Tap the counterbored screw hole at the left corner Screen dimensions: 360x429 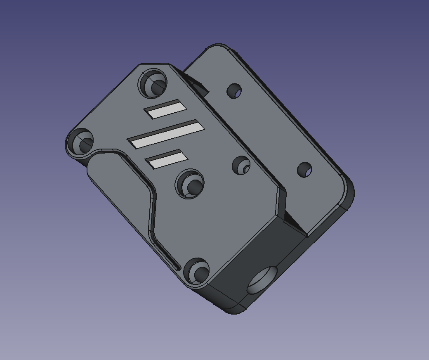click(x=81, y=142)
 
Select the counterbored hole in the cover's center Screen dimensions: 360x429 click(x=191, y=184)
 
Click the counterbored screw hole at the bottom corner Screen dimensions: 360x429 click(x=198, y=272)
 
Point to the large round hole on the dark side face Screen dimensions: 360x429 click(x=263, y=280)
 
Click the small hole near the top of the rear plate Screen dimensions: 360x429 click(x=234, y=91)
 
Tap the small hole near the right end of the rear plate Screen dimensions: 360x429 click(x=304, y=170)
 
